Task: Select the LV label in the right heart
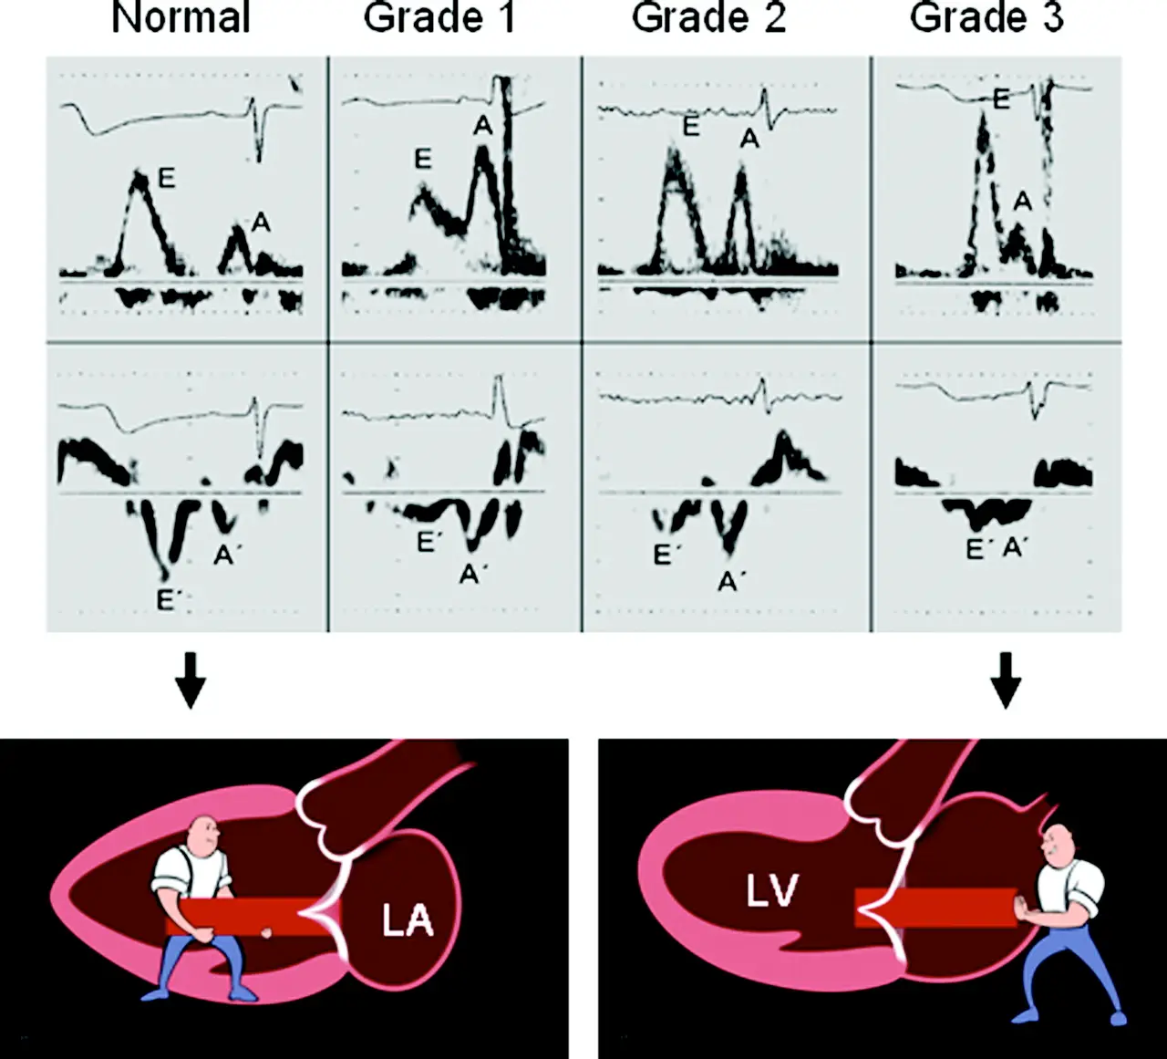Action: tap(772, 891)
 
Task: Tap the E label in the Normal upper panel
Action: tap(166, 179)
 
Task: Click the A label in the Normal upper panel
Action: tap(261, 222)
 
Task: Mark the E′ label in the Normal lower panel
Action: tap(166, 601)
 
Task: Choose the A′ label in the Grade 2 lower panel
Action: tap(728, 581)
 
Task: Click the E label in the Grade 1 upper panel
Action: tap(423, 160)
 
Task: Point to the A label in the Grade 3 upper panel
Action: tap(1022, 201)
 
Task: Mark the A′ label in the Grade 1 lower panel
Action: tap(470, 574)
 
